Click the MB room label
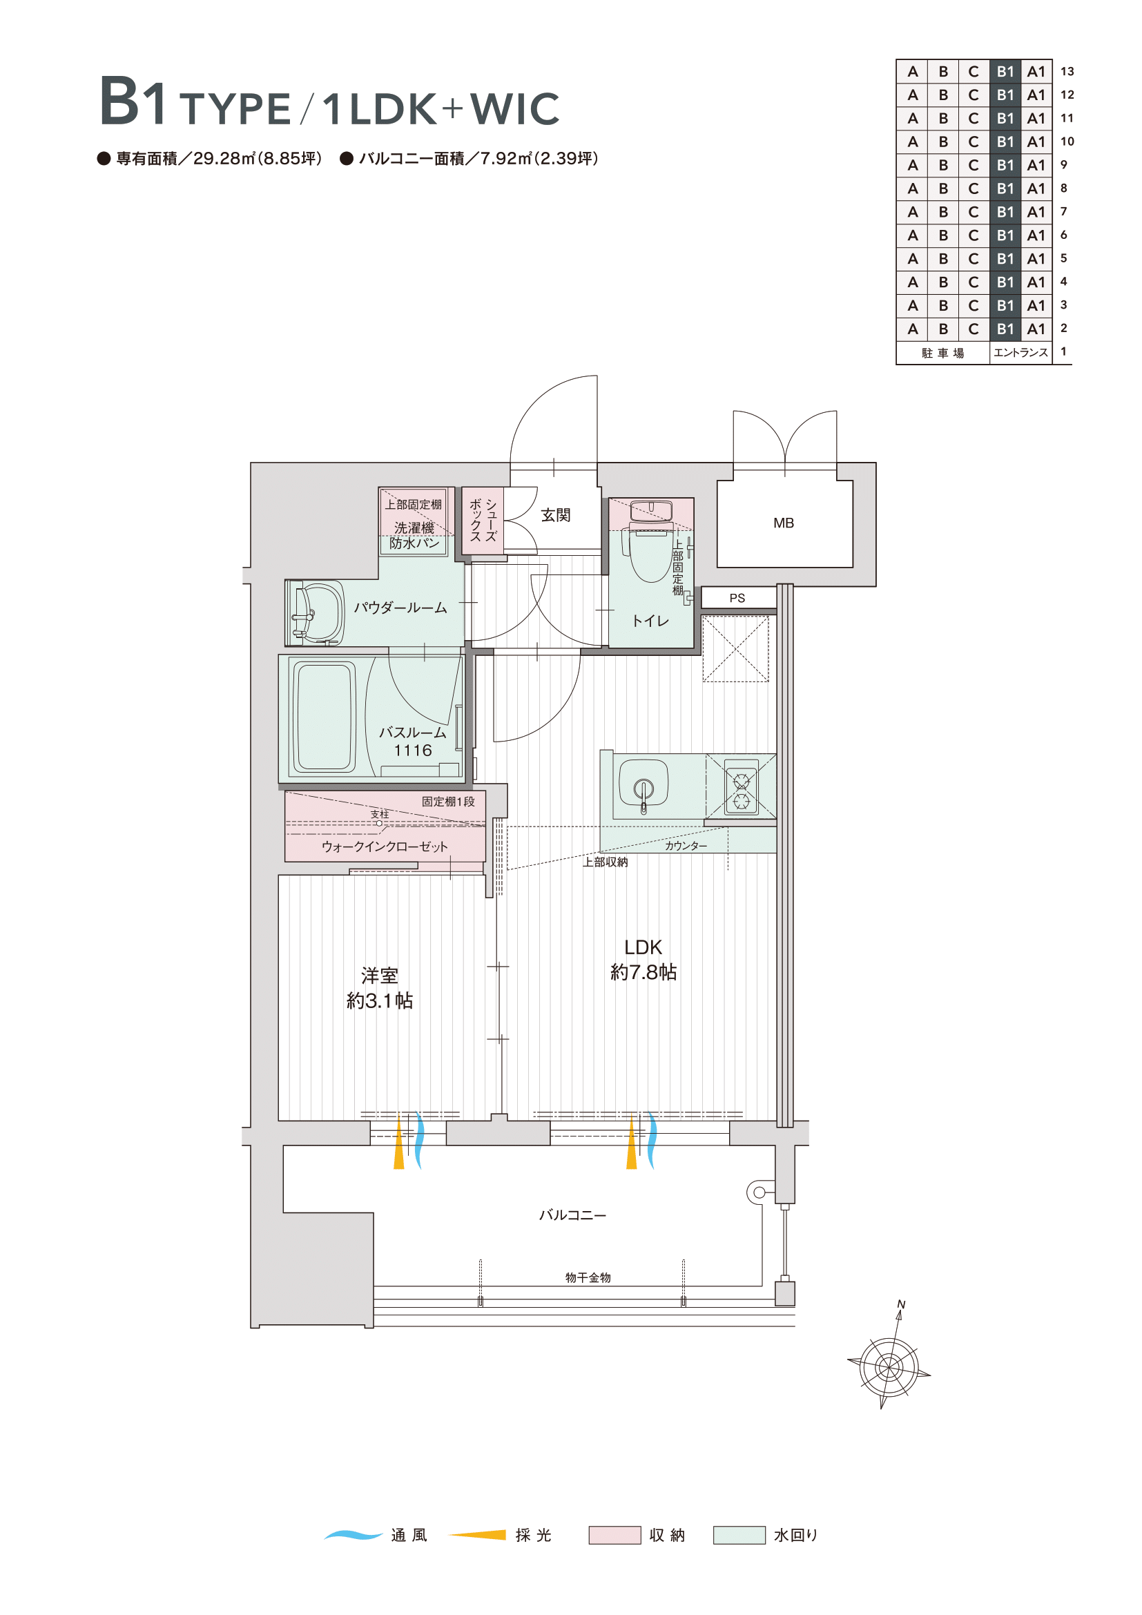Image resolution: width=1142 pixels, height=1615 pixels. tap(784, 523)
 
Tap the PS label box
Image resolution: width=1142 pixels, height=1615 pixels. tap(738, 597)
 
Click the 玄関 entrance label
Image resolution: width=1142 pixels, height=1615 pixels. tap(556, 515)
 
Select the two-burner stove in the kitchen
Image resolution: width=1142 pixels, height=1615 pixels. tap(741, 786)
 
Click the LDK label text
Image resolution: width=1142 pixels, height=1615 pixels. tap(643, 947)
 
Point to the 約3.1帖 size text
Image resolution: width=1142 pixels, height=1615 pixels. tap(380, 1000)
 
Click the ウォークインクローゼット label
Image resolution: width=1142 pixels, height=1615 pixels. tap(384, 847)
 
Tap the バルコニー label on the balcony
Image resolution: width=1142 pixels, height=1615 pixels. tap(572, 1215)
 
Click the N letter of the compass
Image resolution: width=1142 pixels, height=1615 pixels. tap(901, 1305)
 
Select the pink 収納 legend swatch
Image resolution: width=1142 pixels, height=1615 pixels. tap(614, 1535)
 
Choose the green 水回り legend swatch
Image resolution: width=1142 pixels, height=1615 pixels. tap(739, 1535)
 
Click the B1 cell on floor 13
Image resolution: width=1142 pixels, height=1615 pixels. tap(1005, 71)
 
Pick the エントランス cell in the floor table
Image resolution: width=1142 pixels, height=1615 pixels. tap(1021, 352)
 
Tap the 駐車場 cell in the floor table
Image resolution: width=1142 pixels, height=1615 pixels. tap(943, 352)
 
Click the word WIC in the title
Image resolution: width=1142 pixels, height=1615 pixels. tap(515, 108)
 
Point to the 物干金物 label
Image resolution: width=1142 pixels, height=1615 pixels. tap(588, 1277)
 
